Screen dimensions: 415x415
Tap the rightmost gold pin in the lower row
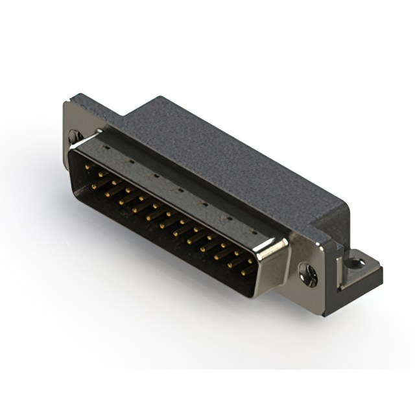tap(244, 272)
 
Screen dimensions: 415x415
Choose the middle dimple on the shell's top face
tap(179, 188)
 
